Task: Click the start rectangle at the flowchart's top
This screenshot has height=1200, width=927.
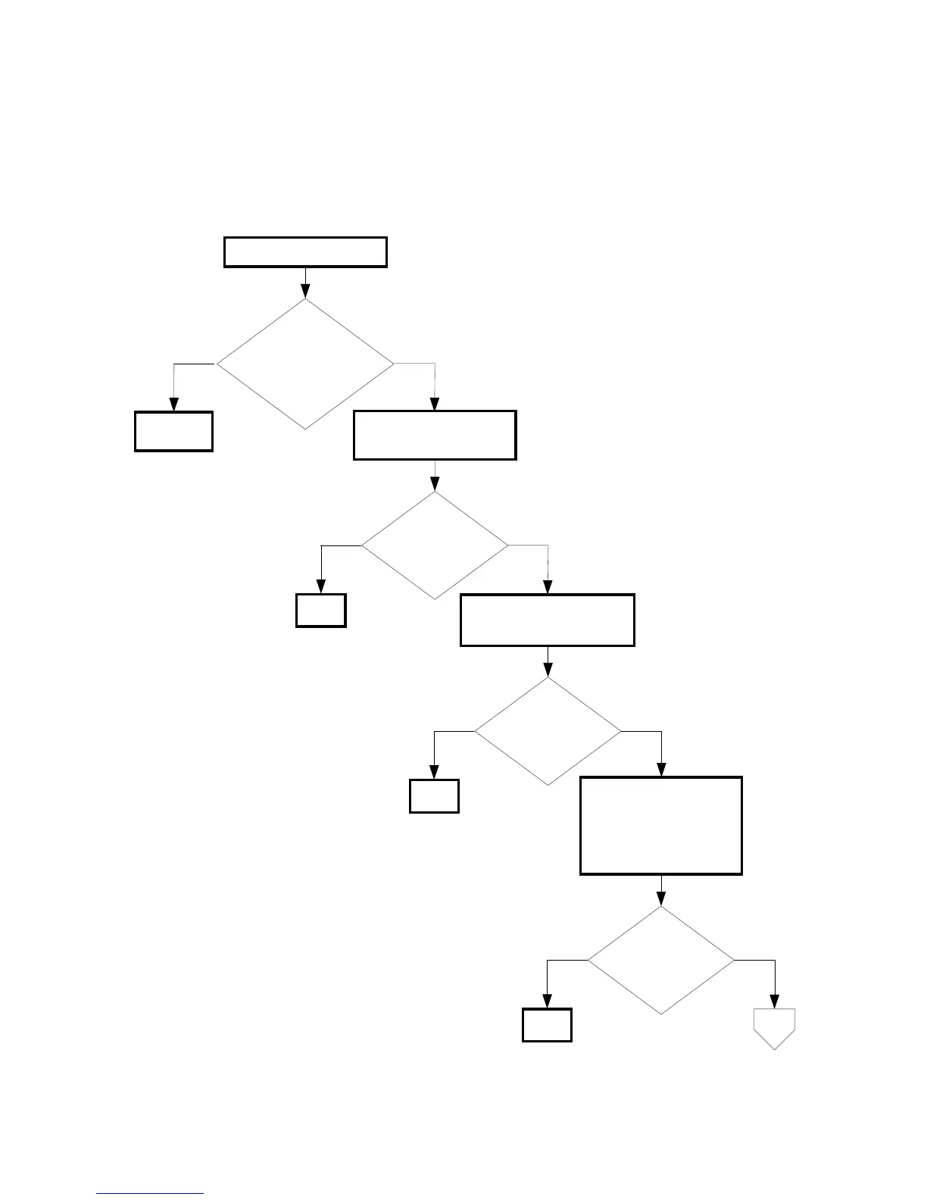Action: click(305, 252)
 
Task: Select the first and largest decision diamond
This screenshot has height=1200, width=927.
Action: click(305, 364)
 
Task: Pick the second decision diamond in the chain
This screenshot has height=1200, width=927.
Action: click(435, 545)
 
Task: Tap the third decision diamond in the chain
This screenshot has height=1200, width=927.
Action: click(548, 731)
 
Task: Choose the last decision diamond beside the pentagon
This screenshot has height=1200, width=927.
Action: click(661, 961)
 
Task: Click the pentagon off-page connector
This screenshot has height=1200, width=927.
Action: click(775, 1028)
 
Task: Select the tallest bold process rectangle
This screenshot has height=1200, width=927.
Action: click(661, 826)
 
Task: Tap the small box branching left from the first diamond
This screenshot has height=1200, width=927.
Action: click(173, 432)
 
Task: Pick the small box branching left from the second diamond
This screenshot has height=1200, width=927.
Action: click(321, 611)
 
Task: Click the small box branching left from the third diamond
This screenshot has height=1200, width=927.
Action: click(434, 796)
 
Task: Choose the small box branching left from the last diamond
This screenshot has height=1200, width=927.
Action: click(547, 1025)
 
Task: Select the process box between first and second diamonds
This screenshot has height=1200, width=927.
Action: click(435, 436)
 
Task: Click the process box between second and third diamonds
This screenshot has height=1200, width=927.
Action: click(548, 620)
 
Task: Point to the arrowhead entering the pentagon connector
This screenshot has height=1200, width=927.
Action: click(775, 1002)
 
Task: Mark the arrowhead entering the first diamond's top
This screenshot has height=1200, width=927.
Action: click(305, 292)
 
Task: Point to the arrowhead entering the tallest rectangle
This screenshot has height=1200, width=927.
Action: click(662, 770)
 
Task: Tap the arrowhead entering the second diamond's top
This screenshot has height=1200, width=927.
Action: click(435, 485)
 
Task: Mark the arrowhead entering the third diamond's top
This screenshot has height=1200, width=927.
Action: click(548, 670)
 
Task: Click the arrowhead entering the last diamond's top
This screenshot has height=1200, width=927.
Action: click(661, 900)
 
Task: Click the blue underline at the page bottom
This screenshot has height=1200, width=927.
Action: click(150, 1194)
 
